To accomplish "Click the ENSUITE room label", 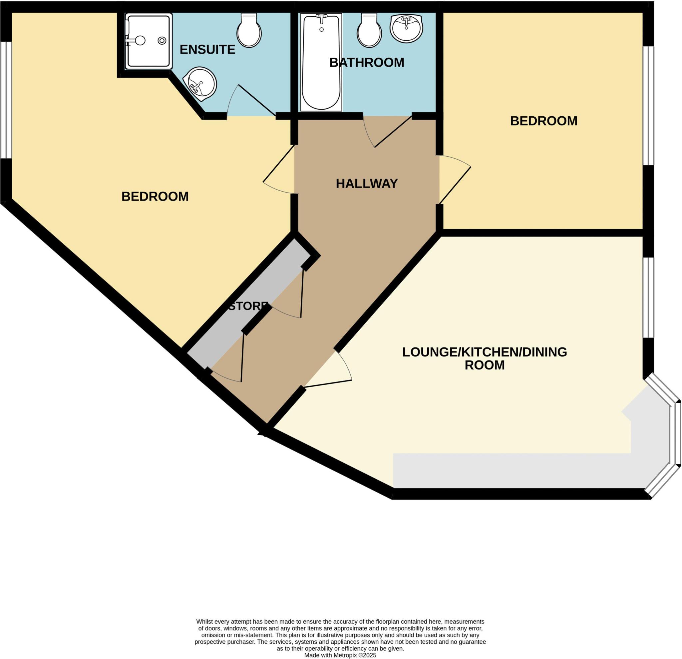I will tap(207, 50).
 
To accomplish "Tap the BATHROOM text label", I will tap(366, 63).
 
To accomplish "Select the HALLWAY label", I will tap(366, 184).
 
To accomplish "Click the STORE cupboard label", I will tap(248, 306).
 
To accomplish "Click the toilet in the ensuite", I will tap(249, 31).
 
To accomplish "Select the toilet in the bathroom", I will tap(369, 31).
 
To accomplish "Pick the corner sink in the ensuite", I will tap(201, 84).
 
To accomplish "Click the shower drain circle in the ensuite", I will tap(162, 41).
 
